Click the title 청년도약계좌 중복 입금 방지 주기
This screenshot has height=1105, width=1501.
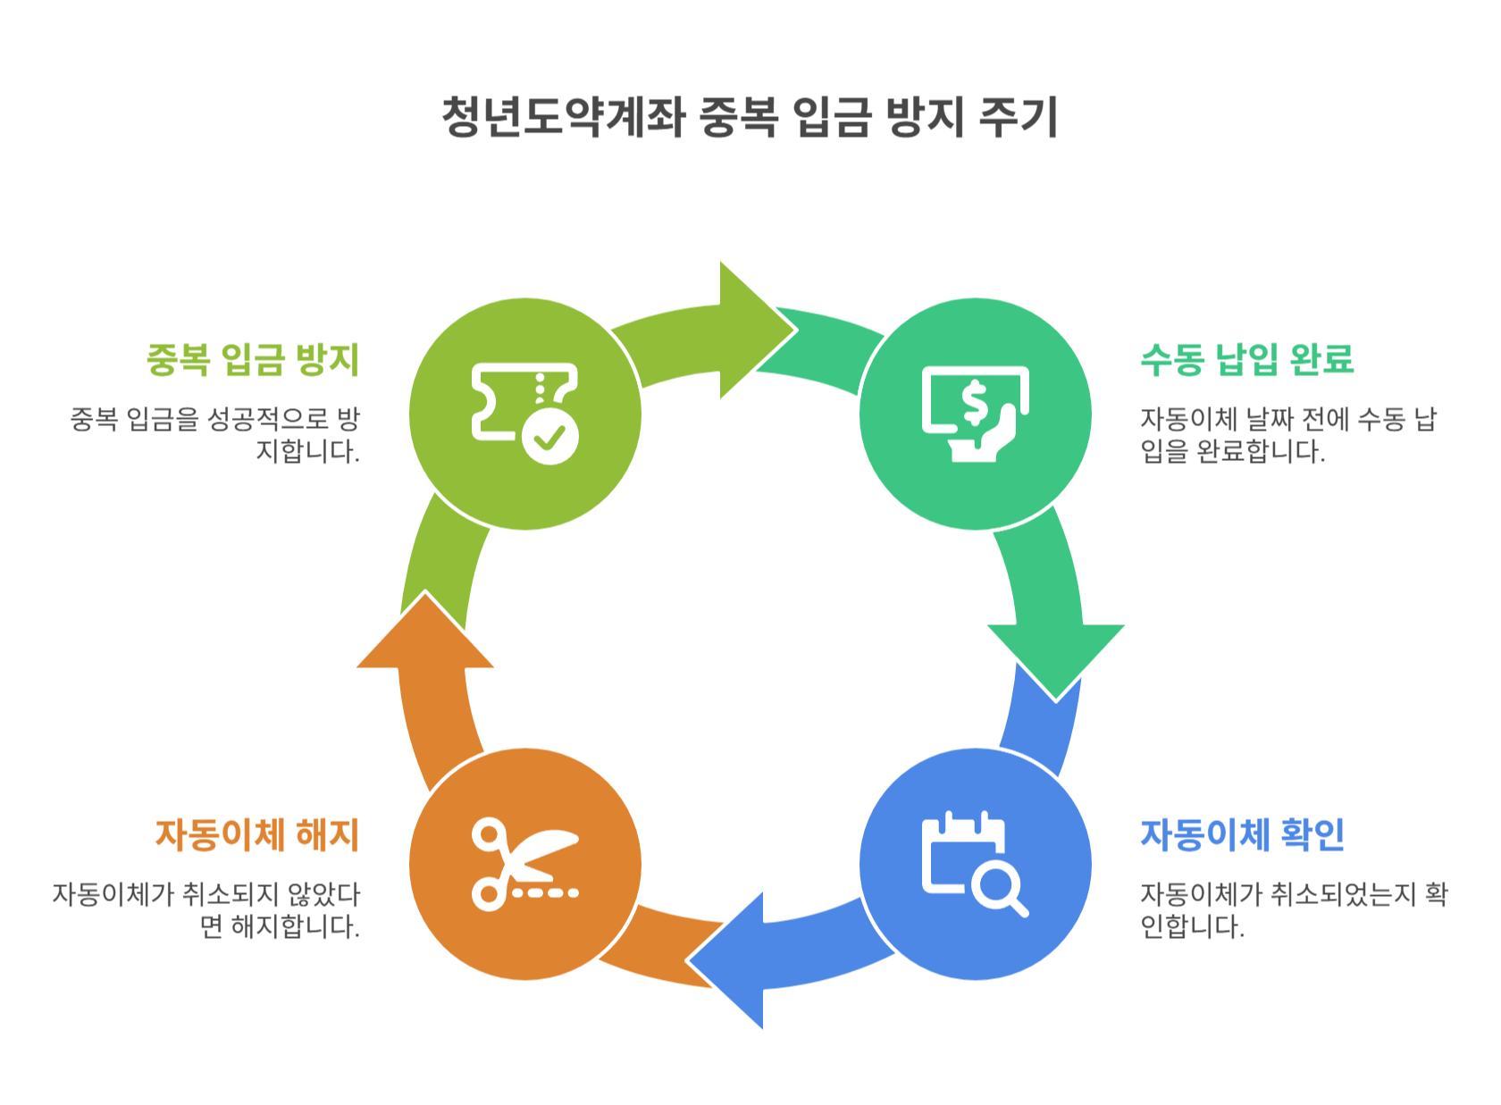click(x=750, y=117)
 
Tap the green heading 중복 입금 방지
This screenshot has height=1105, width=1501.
click(x=253, y=359)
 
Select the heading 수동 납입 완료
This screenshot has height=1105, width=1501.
click(x=1247, y=359)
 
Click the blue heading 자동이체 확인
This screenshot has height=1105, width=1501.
click(x=1242, y=834)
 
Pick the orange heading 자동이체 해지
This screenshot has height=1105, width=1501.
click(x=257, y=834)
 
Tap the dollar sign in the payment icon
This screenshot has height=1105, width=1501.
click(x=975, y=403)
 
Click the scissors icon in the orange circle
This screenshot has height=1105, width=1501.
click(x=524, y=864)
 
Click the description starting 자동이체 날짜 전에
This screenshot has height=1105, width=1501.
click(x=1287, y=435)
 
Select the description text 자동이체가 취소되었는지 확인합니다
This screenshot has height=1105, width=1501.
click(x=1293, y=910)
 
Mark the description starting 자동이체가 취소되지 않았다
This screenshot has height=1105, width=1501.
click(x=207, y=910)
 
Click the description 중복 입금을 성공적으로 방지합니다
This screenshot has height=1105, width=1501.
click(x=215, y=435)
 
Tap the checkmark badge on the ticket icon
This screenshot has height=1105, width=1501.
click(x=549, y=438)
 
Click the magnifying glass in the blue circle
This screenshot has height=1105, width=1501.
click(x=999, y=888)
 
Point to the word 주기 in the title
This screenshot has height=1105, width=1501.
click(x=1019, y=117)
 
